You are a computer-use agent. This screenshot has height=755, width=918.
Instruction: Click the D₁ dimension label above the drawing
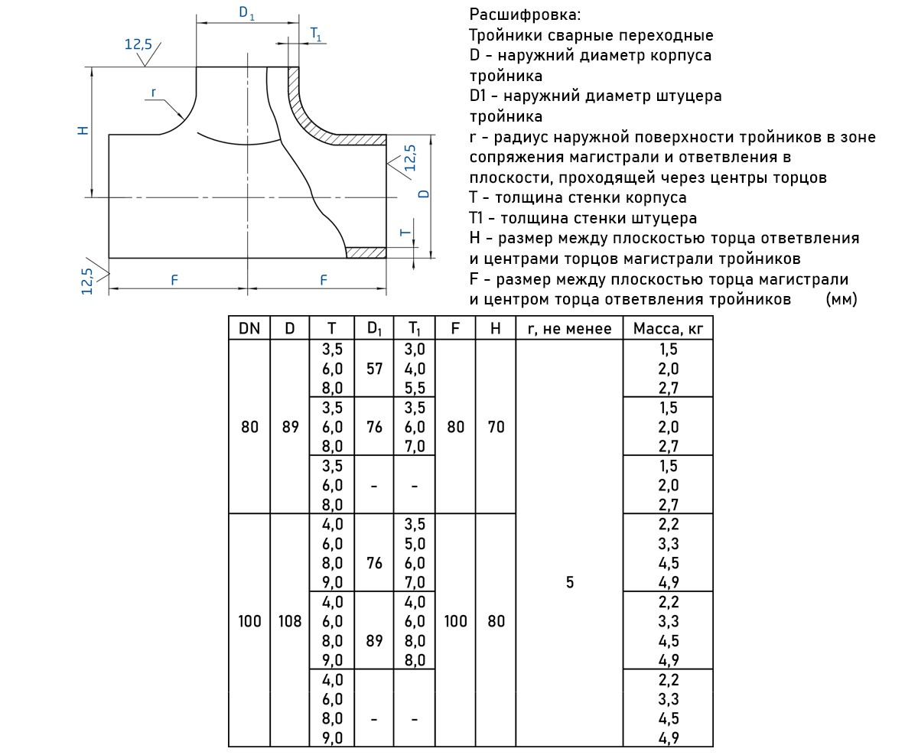[x=247, y=13]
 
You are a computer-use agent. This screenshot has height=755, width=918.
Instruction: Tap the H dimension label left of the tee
[x=83, y=130]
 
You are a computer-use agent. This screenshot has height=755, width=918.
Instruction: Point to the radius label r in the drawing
[x=153, y=93]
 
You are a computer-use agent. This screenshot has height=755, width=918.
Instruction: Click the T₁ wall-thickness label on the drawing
[x=316, y=34]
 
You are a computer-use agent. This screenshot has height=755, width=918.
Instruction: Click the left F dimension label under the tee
[x=174, y=280]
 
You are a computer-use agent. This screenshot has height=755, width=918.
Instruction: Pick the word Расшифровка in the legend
[x=525, y=15]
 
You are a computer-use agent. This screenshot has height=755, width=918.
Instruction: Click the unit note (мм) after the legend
[x=841, y=299]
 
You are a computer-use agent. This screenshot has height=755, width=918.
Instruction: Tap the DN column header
[x=249, y=329]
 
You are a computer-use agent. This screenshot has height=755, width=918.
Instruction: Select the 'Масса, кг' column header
[x=667, y=329]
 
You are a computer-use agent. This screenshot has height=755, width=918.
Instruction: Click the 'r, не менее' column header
[x=569, y=329]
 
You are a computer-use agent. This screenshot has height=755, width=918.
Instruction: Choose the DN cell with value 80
[x=249, y=427]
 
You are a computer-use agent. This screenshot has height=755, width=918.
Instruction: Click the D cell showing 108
[x=290, y=621]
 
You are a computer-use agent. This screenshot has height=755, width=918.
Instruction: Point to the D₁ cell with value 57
[x=374, y=369]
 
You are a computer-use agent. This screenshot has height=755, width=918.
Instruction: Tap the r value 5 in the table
[x=569, y=583]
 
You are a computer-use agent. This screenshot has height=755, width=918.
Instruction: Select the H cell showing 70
[x=496, y=427]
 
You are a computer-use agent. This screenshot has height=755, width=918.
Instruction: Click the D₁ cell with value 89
[x=374, y=641]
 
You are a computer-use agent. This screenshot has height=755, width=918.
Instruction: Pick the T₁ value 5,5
[x=414, y=388]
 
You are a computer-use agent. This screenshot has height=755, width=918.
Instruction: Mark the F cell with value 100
[x=455, y=621]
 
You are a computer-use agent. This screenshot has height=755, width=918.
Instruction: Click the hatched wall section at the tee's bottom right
[x=366, y=252]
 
